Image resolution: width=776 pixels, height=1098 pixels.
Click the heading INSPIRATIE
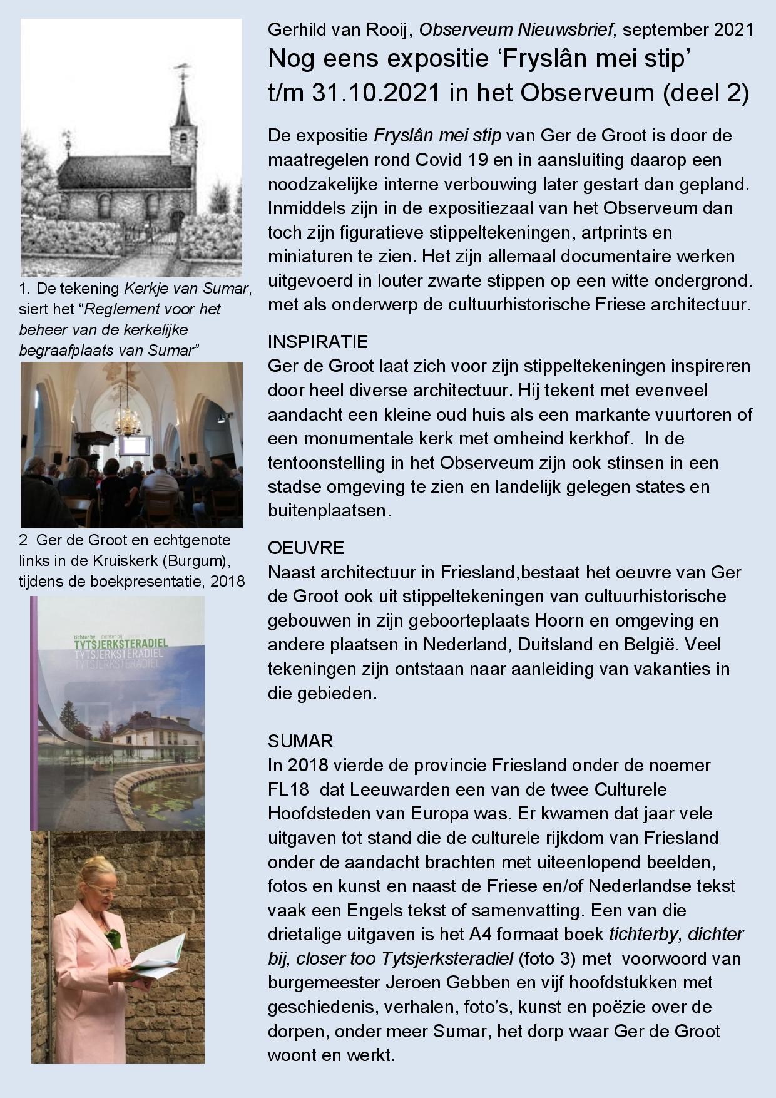click(x=317, y=342)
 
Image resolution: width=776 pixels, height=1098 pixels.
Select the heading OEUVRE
click(x=306, y=548)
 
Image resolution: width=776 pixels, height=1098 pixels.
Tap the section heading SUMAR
click(x=300, y=741)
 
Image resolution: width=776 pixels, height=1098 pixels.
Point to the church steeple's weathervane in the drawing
click(x=183, y=68)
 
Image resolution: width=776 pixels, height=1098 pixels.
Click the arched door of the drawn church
click(x=178, y=222)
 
